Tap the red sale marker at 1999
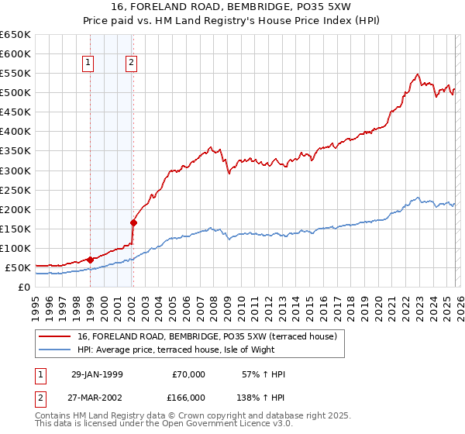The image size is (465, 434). [91, 260]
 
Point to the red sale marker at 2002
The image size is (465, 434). [133, 222]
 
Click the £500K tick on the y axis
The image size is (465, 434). [15, 93]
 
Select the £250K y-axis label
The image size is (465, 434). [15, 190]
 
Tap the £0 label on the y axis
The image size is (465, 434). [24, 287]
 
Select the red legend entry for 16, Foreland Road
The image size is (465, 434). [207, 337]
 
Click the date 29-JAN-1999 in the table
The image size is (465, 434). [97, 374]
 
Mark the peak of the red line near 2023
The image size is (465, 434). [417, 74]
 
